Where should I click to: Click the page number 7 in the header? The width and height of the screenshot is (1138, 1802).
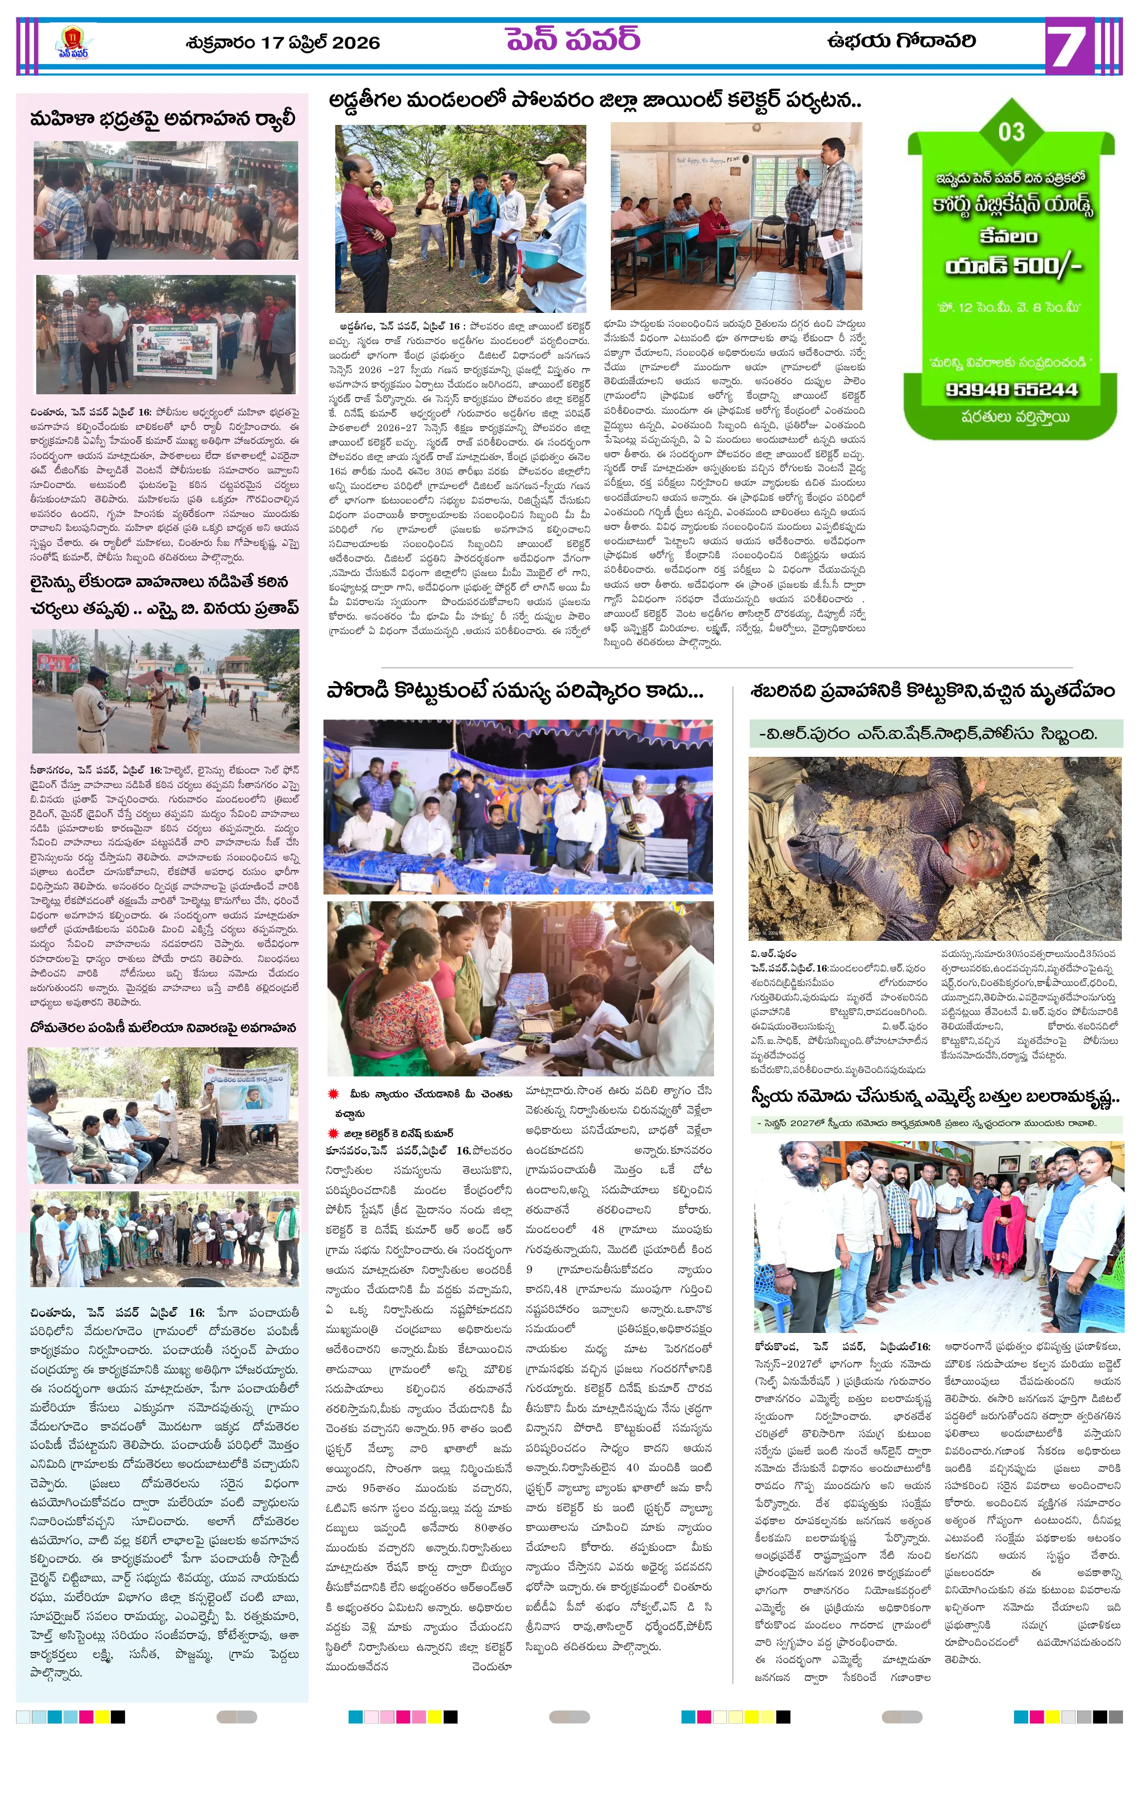(x=1066, y=46)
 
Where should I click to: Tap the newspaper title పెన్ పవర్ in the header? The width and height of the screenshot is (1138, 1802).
(x=573, y=39)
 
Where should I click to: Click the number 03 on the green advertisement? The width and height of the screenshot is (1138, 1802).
(x=1011, y=132)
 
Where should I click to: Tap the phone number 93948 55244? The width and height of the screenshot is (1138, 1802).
(x=1011, y=390)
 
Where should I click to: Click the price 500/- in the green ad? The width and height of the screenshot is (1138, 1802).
(x=1047, y=265)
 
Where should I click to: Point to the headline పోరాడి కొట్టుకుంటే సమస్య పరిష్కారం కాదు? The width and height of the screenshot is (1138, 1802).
(x=515, y=690)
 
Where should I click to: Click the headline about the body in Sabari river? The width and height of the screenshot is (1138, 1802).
(x=933, y=690)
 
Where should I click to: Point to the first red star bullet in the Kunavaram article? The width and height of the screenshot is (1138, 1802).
(x=334, y=1094)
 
